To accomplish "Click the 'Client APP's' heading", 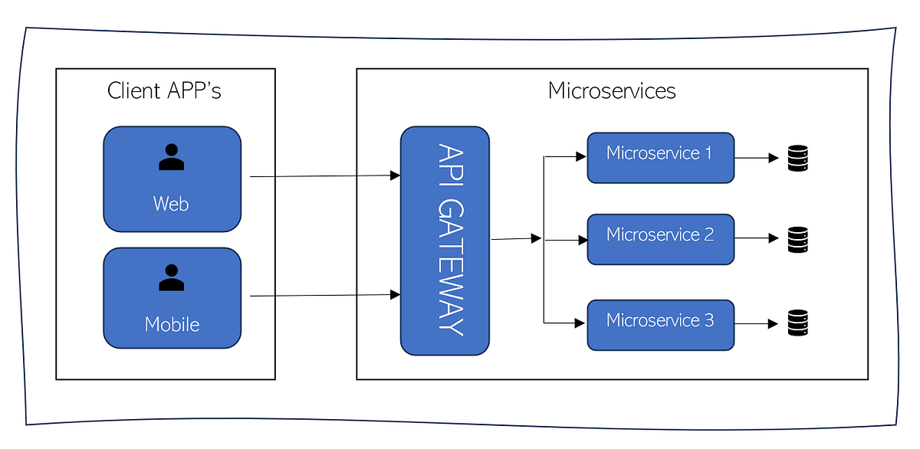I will pyautogui.click(x=164, y=90).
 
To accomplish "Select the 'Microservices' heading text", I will pyautogui.click(x=612, y=90).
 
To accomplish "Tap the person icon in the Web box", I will pyautogui.click(x=172, y=156).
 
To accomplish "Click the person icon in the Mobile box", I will pyautogui.click(x=172, y=277).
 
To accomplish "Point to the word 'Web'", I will pyautogui.click(x=171, y=204).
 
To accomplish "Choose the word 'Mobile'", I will pyautogui.click(x=172, y=324).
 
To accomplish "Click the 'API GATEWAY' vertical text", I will pyautogui.click(x=450, y=239).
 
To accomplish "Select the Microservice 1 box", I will pyautogui.click(x=660, y=158).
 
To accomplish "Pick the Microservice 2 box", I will pyautogui.click(x=660, y=239).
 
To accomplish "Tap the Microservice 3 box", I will pyautogui.click(x=660, y=325).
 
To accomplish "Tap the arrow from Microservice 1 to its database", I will pyautogui.click(x=757, y=159).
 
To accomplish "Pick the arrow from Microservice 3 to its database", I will pyautogui.click(x=757, y=324).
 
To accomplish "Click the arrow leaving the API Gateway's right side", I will pyautogui.click(x=516, y=239).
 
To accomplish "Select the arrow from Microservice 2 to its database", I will pyautogui.click(x=757, y=239).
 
